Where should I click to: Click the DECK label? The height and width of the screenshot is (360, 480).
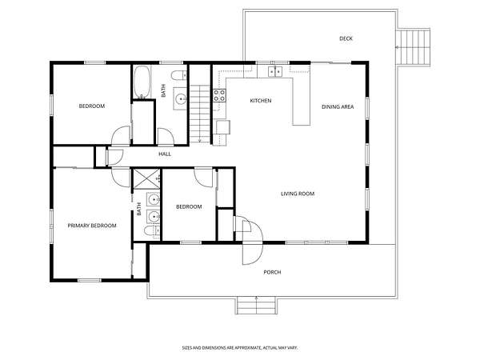click(346, 38)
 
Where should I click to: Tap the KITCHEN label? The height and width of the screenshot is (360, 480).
click(261, 101)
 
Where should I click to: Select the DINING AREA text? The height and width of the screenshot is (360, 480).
click(338, 107)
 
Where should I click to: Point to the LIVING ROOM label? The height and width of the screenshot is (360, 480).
click(298, 194)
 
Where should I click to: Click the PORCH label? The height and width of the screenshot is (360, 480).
click(272, 272)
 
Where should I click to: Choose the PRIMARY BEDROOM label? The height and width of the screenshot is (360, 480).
click(92, 226)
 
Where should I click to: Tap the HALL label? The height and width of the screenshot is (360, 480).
click(165, 154)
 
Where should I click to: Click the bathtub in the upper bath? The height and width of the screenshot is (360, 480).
click(142, 82)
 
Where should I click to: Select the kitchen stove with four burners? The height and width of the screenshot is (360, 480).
click(219, 95)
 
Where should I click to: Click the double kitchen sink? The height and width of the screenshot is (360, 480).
click(275, 71)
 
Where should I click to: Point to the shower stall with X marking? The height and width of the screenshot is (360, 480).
click(146, 178)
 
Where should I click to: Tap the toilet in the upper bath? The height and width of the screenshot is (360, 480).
click(178, 75)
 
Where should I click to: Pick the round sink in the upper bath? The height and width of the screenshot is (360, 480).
click(180, 98)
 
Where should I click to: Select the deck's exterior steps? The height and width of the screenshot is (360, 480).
click(413, 47)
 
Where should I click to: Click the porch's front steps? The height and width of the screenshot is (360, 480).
click(257, 306)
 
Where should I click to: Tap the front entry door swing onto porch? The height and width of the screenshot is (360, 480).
click(253, 254)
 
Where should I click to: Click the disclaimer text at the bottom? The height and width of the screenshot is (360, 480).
click(240, 348)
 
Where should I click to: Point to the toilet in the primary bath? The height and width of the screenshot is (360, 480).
click(152, 230)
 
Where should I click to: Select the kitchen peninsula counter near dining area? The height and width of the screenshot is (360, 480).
click(302, 102)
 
